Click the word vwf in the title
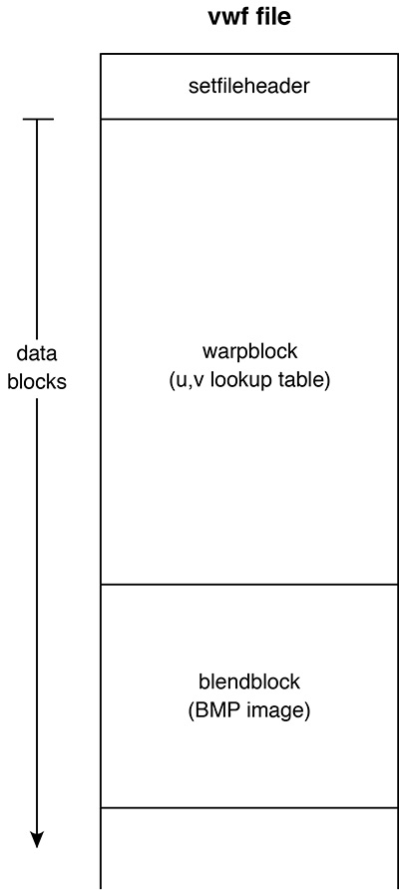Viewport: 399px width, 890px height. click(x=224, y=16)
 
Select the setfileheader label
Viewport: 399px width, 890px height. click(x=249, y=86)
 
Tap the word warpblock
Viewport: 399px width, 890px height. click(x=249, y=351)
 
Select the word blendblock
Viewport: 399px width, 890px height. click(x=249, y=681)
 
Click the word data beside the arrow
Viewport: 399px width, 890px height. click(x=37, y=353)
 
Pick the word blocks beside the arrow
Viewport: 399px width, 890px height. click(x=37, y=382)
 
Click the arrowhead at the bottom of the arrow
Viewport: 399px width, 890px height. click(x=37, y=839)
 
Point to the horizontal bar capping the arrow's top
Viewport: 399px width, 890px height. click(x=38, y=119)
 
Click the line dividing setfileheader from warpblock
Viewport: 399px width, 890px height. click(x=249, y=119)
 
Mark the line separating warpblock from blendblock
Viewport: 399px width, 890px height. click(x=249, y=584)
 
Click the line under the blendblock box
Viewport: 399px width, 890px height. click(x=249, y=807)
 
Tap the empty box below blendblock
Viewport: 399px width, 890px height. click(x=249, y=849)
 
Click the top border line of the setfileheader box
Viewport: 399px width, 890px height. click(x=249, y=54)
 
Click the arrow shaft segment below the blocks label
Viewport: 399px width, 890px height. click(x=37, y=616)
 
